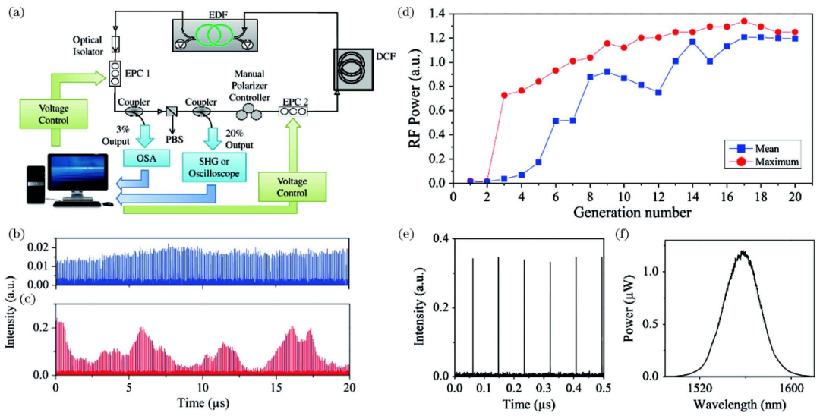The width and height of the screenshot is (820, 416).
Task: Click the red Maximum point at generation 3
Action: pyautogui.click(x=504, y=95)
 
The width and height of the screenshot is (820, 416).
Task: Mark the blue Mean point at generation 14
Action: pyautogui.click(x=692, y=42)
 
